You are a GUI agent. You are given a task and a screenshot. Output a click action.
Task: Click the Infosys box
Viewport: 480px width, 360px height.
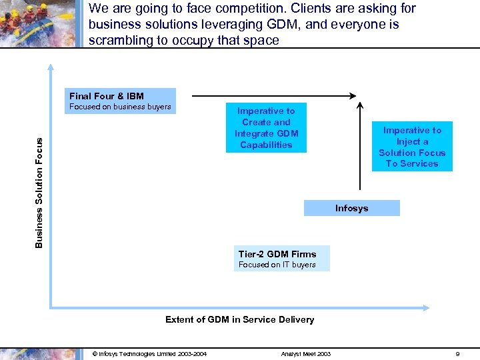click(351, 208)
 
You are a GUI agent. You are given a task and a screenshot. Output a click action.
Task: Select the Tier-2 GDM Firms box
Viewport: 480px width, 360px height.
click(283, 258)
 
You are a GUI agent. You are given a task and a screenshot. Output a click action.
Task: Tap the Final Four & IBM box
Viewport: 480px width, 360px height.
click(120, 101)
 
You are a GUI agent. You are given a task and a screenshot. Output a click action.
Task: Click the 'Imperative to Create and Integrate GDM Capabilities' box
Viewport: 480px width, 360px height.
click(266, 127)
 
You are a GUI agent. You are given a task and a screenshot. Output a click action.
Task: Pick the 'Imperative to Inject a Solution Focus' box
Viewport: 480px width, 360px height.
click(412, 147)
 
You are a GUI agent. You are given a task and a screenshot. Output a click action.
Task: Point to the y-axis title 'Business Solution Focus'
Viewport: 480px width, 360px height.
click(39, 193)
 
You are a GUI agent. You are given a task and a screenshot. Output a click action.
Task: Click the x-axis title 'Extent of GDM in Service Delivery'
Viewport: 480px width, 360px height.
click(239, 320)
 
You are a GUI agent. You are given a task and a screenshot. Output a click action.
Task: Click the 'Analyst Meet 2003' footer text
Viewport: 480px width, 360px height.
click(305, 354)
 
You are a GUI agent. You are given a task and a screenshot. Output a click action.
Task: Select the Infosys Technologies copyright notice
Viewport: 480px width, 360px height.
click(149, 354)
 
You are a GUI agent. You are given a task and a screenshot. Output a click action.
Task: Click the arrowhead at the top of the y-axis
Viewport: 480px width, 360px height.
click(50, 67)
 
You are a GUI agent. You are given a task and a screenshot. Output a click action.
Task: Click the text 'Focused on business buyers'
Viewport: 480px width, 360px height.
click(121, 107)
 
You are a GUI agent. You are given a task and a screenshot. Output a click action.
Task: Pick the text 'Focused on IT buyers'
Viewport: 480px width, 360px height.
click(277, 265)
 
